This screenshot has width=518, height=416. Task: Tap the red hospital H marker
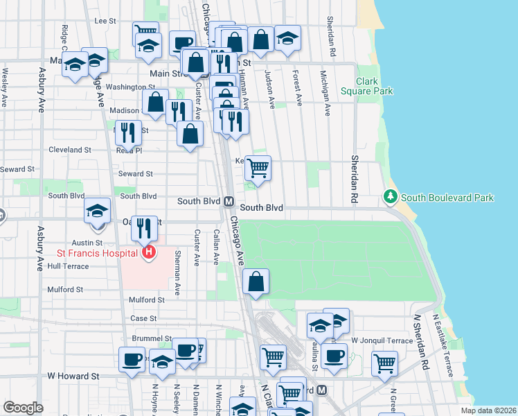click(148, 253)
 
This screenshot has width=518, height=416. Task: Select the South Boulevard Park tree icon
click(391, 198)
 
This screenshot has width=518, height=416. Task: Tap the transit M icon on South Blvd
click(227, 201)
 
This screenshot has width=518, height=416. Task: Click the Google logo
click(23, 408)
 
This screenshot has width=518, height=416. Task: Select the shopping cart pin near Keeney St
click(258, 168)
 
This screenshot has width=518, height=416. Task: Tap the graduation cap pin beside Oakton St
click(98, 211)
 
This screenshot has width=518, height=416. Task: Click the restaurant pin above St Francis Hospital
click(145, 226)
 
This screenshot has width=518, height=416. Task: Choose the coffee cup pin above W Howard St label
click(132, 359)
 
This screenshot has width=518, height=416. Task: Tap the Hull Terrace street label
click(69, 266)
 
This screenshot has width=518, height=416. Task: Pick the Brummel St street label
click(151, 338)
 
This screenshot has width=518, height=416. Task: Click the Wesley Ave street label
click(5, 87)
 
